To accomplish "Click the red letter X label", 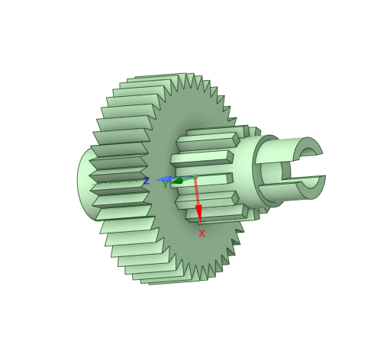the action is (201, 233).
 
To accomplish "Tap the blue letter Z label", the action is (147, 181).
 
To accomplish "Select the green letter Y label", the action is (166, 185).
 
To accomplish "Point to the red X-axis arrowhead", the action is (198, 214).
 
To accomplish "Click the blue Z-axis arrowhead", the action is (163, 179).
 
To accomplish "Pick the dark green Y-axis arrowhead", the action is (178, 181).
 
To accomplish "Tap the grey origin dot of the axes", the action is (195, 177).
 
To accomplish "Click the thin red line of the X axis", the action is (197, 192).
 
